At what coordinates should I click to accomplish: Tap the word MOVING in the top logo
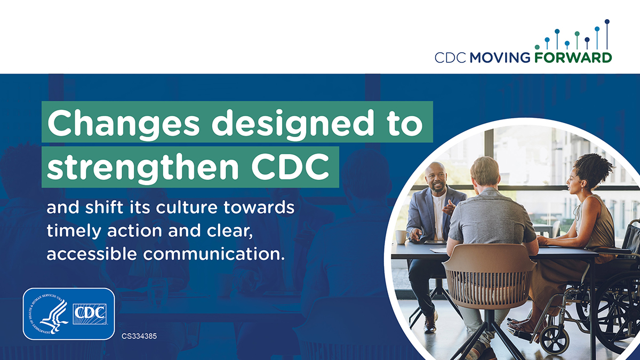point(500,58)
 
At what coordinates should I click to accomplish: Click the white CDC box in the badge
point(90,314)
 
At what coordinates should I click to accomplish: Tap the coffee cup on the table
point(400,236)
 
